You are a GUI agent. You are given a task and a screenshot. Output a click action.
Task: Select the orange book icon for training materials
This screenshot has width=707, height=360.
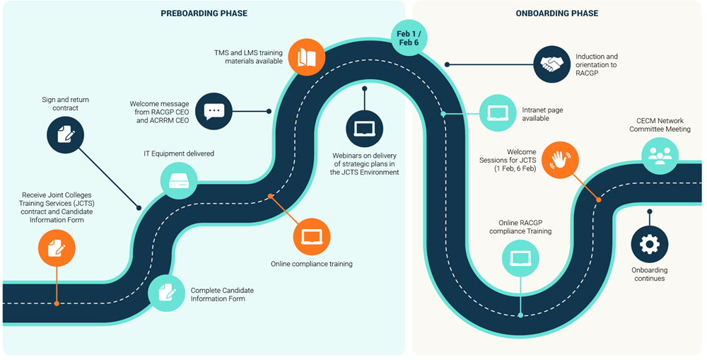coord(306,57)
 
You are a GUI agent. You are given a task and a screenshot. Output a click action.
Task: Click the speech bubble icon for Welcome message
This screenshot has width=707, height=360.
coord(214,111)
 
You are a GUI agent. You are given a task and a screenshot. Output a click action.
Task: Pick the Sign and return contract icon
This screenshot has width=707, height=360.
coord(65,134)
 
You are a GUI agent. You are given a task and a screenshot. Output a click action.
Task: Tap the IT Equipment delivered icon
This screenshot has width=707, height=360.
coord(179,180)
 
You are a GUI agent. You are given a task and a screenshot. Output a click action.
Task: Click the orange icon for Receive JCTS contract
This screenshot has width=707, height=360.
coord(57,248)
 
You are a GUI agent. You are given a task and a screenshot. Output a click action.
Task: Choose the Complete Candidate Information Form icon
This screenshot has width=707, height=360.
coord(167,292)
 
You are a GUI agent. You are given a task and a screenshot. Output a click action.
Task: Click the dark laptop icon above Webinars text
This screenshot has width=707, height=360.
coord(364,128)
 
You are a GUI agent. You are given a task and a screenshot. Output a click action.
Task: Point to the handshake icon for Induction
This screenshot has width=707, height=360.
coord(551,64)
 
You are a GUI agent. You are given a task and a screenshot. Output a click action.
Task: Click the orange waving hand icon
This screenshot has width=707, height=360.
coord(559,160)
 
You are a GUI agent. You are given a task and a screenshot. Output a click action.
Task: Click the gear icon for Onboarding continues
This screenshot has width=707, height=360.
coord(649,244)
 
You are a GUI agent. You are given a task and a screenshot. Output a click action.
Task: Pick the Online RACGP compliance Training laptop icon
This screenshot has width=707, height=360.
coord(520,257)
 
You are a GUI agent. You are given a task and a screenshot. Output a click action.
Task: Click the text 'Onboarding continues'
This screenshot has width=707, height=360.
coord(649,274)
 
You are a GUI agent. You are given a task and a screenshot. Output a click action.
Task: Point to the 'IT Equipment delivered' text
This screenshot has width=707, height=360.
coord(179,153)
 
